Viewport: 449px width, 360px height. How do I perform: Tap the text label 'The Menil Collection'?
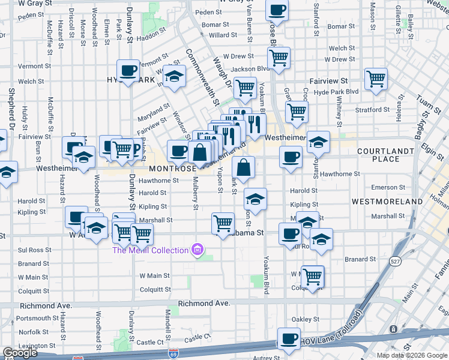click(x=149, y=249)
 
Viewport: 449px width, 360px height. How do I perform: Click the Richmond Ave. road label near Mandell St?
click(x=208, y=304)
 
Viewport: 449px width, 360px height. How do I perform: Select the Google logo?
click(x=19, y=353)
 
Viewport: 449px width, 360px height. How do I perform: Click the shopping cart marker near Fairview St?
click(x=376, y=79)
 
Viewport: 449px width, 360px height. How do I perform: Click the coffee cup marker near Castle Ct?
click(x=289, y=338)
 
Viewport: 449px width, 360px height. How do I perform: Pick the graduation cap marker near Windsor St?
click(x=174, y=76)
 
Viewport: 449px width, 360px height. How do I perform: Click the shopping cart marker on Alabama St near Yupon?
click(x=223, y=223)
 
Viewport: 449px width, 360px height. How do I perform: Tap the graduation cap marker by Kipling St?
click(x=255, y=199)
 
